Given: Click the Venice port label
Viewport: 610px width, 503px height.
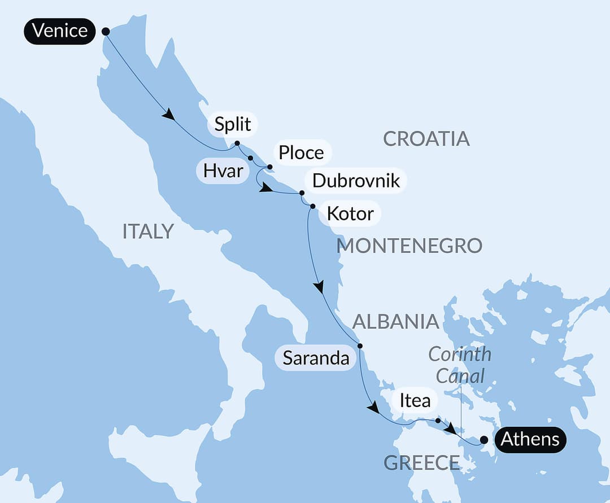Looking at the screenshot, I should [59, 30].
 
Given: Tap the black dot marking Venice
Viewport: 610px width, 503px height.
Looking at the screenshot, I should [105, 32].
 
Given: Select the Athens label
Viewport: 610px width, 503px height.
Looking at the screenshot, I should [530, 439].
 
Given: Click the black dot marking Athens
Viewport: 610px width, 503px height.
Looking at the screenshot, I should [483, 440].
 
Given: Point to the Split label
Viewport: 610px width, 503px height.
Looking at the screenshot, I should [233, 124].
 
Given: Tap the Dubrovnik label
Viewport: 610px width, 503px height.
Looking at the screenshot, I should [356, 181].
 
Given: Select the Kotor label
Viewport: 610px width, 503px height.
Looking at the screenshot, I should [350, 213].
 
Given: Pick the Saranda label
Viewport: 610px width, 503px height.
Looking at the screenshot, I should [316, 358].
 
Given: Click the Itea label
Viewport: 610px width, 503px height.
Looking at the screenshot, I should [415, 400].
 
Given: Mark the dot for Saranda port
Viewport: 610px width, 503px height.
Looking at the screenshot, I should [360, 345].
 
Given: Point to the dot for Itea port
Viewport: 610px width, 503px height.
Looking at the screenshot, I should [438, 420].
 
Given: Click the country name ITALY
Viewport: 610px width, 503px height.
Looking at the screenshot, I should [148, 231].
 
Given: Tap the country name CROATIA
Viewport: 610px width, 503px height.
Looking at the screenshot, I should [426, 138].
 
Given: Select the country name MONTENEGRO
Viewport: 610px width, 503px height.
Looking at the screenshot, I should [409, 246].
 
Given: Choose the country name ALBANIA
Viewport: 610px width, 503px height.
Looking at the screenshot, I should [395, 321].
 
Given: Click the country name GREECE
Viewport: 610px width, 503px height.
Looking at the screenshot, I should [421, 463].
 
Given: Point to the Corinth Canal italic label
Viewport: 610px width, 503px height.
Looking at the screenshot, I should [459, 365].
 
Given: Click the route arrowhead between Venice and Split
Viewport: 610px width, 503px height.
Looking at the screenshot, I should [168, 115].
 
